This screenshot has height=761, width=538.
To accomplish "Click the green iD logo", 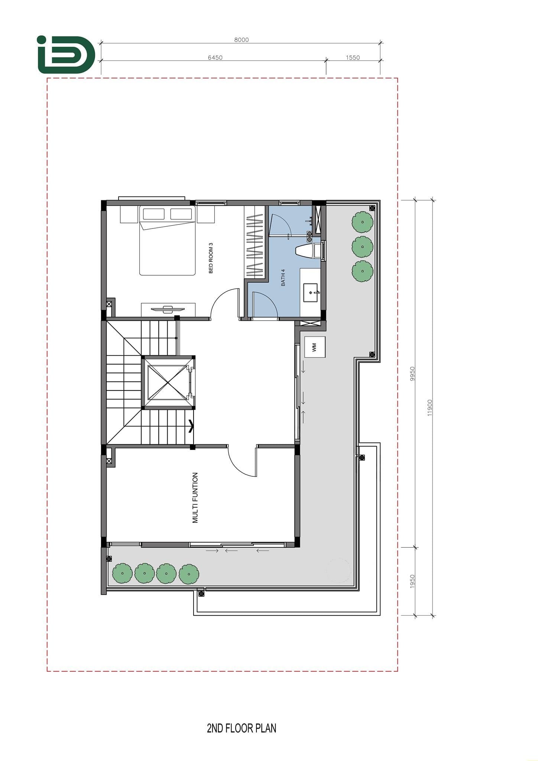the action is point(66,55).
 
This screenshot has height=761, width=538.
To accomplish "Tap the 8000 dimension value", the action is point(242,40).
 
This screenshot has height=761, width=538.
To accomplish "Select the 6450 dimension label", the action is point(215,58).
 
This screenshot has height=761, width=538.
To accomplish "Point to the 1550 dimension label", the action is point(353,58).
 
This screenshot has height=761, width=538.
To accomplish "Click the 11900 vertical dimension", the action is point(430,407).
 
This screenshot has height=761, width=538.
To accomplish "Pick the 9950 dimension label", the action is point(412,374).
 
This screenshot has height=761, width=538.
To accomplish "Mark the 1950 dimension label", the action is point(412,582).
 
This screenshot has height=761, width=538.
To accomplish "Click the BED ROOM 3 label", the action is point(211,258).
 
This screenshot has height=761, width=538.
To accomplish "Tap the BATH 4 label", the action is point(283,277).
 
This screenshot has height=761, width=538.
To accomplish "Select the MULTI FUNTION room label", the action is point(195,498).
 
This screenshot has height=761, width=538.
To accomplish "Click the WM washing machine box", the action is point(315,347).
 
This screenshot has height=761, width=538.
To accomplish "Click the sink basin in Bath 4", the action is point(311,292).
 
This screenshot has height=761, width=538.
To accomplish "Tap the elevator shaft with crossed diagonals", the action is point(169,383).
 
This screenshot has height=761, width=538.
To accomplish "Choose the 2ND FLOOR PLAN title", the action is point(242,728).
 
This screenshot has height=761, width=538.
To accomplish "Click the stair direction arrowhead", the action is point(191,426).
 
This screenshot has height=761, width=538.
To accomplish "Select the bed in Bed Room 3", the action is point(167,240).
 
